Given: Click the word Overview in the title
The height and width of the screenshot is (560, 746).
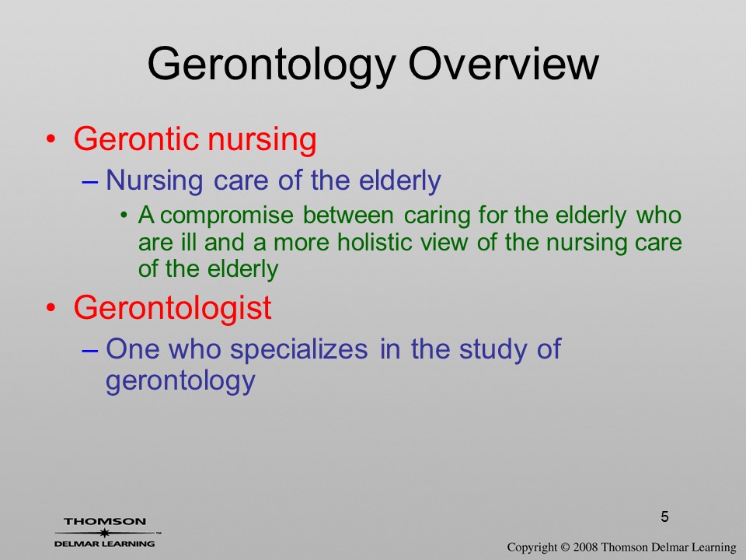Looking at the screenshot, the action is tap(504, 63).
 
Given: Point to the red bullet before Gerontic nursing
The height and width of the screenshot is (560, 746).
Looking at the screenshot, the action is tap(51, 139).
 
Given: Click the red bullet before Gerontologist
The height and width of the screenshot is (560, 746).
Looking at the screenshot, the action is tap(51, 308).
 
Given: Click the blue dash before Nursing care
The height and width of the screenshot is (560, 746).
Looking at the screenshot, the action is tap(90, 182).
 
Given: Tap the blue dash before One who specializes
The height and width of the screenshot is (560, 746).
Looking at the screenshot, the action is tap(90, 351).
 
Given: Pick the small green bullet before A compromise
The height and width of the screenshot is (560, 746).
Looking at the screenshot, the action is tap(124, 215).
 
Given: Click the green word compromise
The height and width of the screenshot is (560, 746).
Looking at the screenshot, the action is tap(226, 216).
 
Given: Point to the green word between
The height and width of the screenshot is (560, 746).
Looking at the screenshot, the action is tap(348, 215).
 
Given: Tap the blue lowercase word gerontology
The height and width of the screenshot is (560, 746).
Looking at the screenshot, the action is tap(180, 381).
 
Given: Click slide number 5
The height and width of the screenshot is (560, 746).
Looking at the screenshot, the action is tap(664, 516).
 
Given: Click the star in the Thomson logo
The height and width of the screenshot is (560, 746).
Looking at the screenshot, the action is tap(103, 532).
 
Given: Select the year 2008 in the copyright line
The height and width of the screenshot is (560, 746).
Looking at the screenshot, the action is tap(585, 547).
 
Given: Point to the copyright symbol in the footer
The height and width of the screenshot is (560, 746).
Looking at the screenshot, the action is tap(565, 547).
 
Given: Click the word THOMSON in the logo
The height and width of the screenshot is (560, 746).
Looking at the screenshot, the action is tap(105, 521).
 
